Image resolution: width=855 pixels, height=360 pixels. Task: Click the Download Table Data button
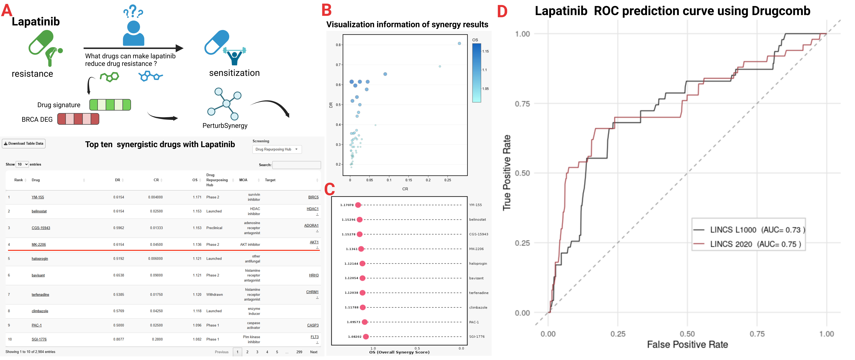[x=24, y=144]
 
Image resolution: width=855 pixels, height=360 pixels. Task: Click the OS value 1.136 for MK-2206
[x=197, y=245]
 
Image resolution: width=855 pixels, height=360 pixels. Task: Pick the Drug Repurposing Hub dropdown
[x=277, y=149]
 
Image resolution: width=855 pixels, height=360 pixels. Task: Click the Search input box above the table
[x=296, y=165]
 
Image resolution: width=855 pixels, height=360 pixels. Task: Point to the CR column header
[x=156, y=180]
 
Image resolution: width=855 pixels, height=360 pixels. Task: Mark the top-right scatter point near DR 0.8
[x=459, y=43]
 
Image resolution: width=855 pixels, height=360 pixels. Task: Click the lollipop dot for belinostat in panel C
[x=359, y=220]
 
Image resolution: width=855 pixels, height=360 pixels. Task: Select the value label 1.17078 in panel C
[x=347, y=205]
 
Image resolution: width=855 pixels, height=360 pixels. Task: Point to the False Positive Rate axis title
[x=687, y=345]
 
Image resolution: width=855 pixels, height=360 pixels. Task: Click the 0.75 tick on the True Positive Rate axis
[x=522, y=104]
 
